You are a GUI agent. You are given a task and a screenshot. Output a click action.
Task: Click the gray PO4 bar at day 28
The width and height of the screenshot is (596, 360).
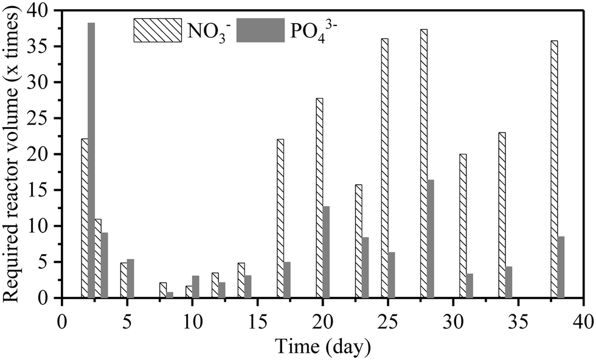431,239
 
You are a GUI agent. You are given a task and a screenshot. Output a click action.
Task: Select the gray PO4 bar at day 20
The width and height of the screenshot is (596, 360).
326,252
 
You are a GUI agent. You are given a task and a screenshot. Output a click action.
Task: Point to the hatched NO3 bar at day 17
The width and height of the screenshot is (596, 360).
280,219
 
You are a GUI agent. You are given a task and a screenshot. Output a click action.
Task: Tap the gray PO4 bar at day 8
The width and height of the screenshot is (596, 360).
170,295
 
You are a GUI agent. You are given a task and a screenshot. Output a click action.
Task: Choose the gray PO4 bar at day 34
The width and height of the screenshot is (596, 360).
509,282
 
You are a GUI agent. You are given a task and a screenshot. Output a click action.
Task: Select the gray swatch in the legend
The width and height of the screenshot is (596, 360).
260,30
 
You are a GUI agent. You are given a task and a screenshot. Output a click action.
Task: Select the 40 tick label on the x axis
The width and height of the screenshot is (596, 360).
583,320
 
